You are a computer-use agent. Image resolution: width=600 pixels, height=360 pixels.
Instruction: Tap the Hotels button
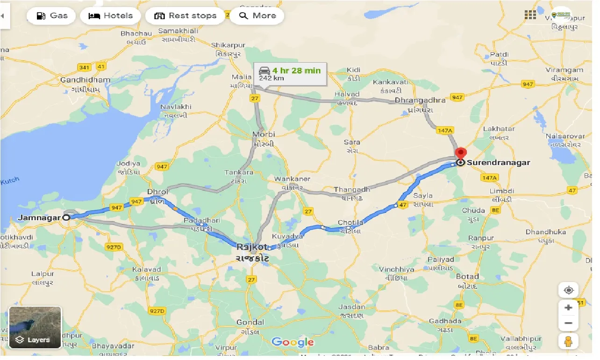coord(110,15)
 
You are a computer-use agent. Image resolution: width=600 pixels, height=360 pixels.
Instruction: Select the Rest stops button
coord(186,15)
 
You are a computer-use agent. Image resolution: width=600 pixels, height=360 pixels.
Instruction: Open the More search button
coord(257,15)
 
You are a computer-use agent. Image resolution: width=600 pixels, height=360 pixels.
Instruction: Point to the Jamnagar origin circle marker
coord(66,217)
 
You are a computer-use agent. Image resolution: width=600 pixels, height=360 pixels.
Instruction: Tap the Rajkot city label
coord(252,247)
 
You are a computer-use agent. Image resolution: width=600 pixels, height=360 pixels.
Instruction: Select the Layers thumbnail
coord(35,327)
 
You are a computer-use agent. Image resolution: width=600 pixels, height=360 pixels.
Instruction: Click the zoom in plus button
coord(568,308)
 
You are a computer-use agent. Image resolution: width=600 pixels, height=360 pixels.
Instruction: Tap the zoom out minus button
coord(568,323)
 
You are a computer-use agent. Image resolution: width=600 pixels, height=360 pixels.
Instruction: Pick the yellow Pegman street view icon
coord(568,342)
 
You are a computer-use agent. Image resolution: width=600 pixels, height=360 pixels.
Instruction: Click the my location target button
coord(568,290)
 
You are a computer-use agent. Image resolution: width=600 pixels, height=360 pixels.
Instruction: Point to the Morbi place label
coord(263,134)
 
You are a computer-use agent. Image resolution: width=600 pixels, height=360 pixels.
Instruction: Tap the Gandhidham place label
coord(86,80)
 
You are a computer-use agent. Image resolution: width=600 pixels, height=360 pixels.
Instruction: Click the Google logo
coord(293,342)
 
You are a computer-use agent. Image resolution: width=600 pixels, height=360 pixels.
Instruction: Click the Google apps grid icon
coord(530,15)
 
